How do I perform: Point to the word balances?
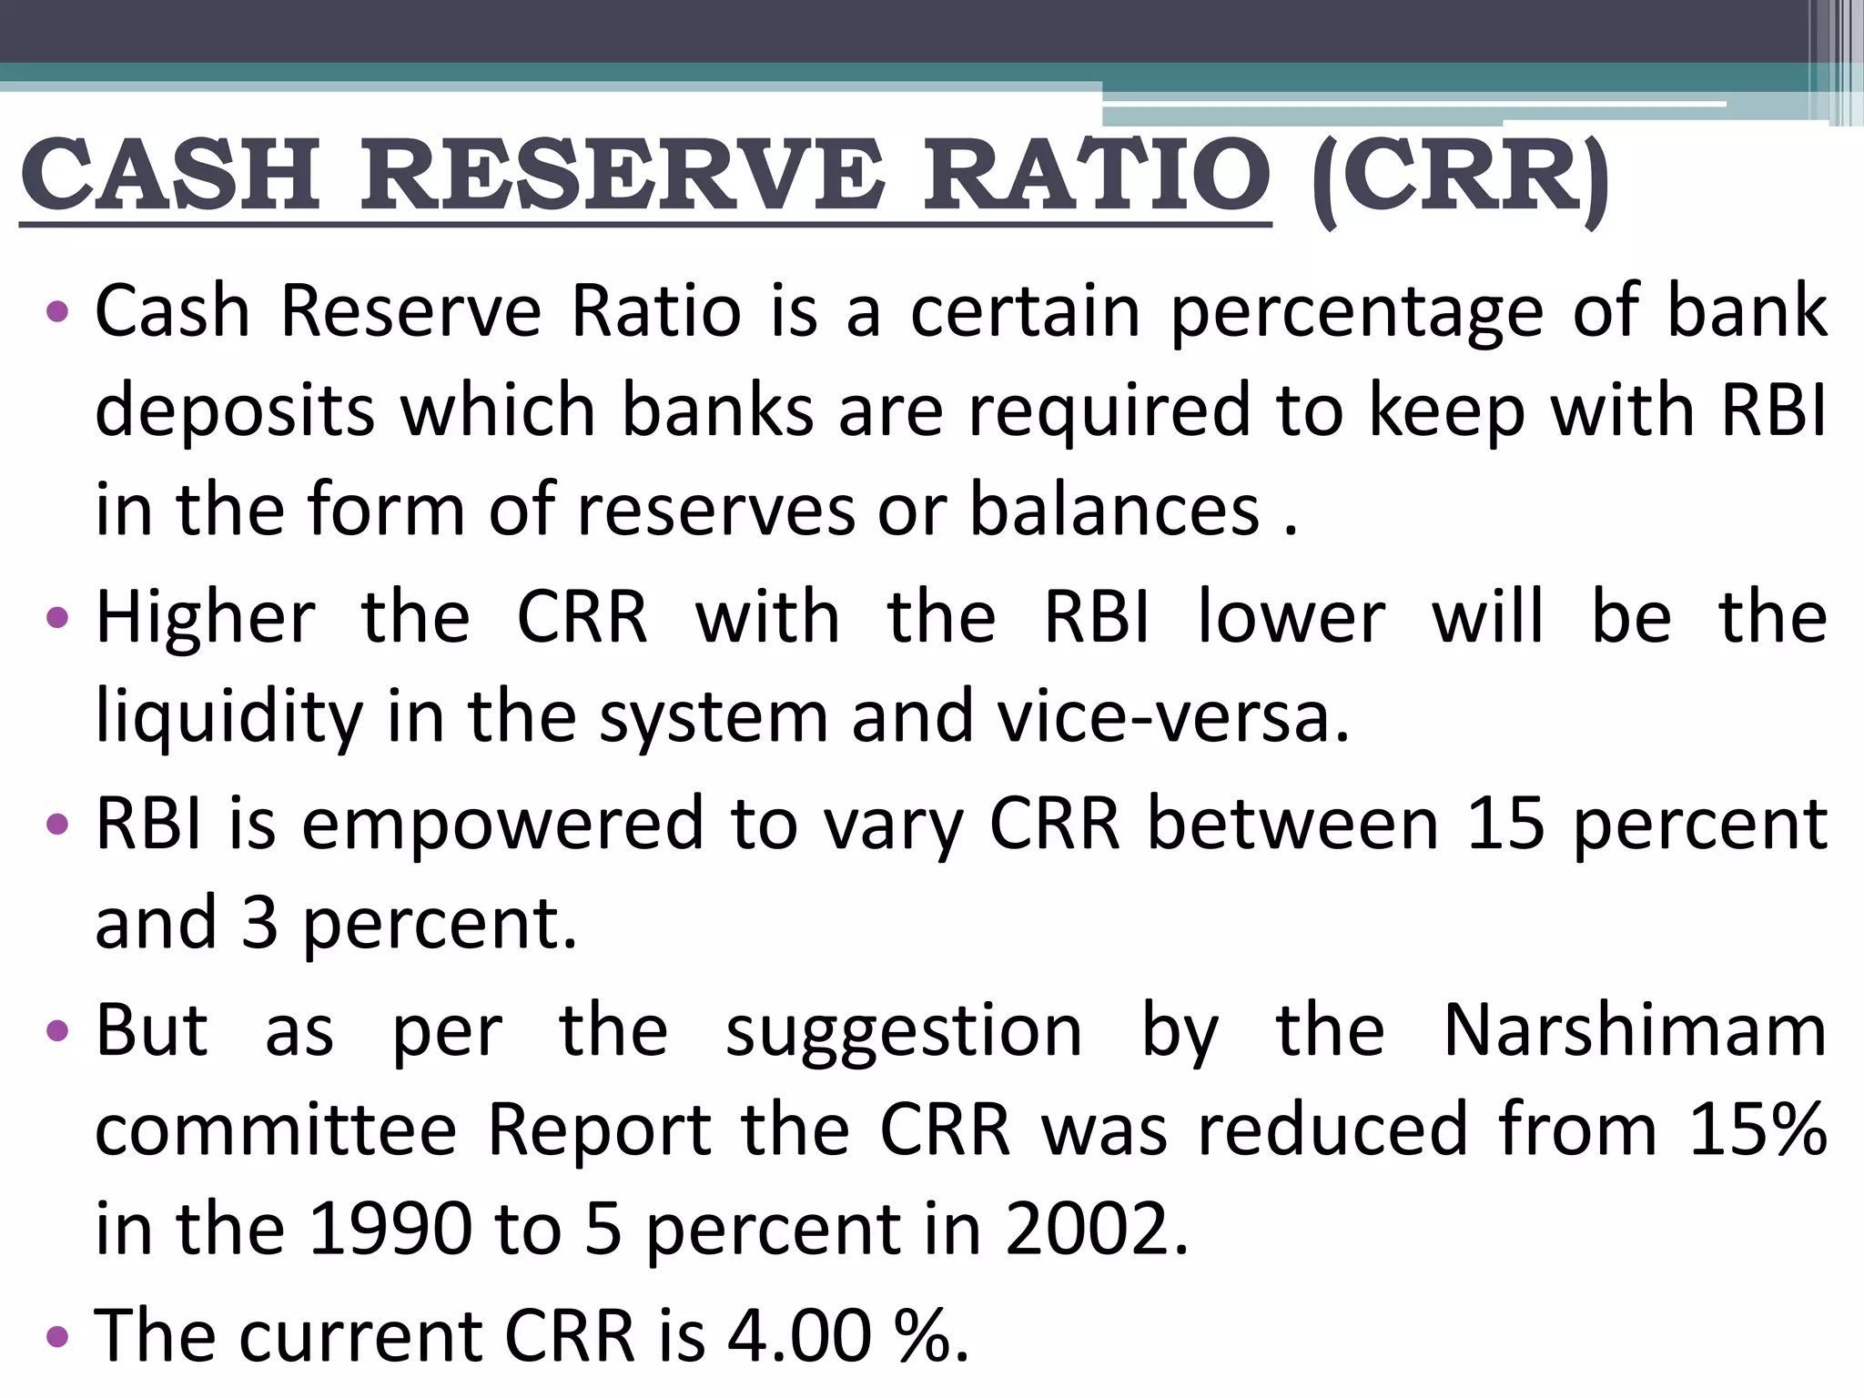coord(1115,510)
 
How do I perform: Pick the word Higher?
coord(206,618)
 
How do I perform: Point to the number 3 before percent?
coord(259,923)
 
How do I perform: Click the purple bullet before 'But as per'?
coord(57,1032)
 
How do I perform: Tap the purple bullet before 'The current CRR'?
coord(57,1336)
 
